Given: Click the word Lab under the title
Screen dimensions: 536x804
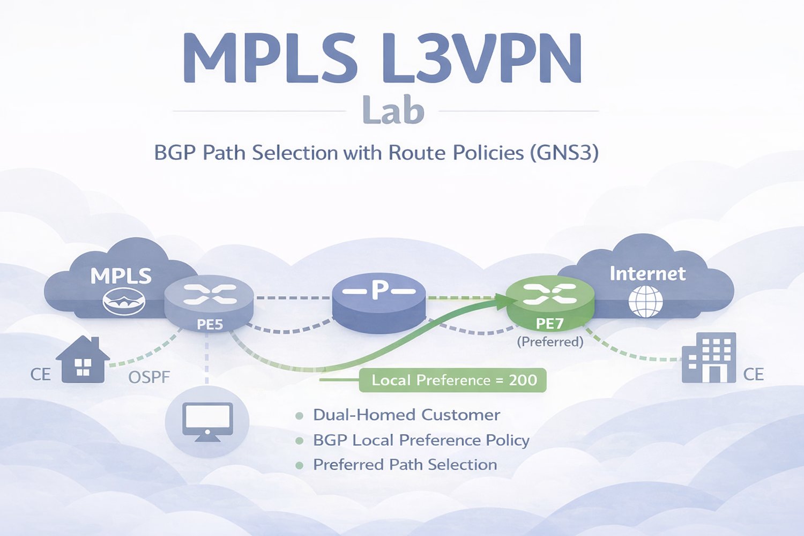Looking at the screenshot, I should [393, 110].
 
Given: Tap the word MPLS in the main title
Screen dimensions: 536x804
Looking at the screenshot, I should [270, 58].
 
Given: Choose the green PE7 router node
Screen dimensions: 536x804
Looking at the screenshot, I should [550, 303].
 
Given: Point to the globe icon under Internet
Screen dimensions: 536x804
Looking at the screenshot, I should [645, 301].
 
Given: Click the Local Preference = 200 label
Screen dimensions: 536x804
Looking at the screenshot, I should [453, 380].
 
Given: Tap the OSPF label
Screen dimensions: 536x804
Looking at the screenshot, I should [149, 377].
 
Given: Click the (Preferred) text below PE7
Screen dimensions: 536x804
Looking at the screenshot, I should [550, 341].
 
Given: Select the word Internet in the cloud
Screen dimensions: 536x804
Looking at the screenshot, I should [647, 274].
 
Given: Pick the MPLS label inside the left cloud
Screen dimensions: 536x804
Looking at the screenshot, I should [121, 276].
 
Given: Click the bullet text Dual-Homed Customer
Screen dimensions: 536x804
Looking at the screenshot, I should [406, 415].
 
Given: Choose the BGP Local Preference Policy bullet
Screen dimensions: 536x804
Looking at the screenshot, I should [421, 440].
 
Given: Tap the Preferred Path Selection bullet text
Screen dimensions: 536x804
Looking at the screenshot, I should [405, 465].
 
